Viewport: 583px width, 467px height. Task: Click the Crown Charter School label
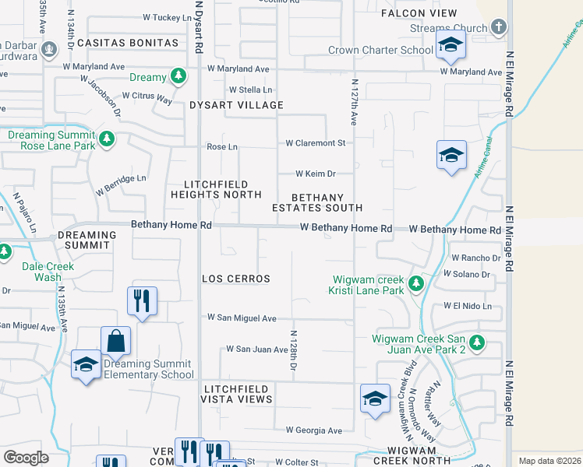pyautogui.click(x=380, y=51)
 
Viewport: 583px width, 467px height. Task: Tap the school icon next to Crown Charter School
pyautogui.click(x=450, y=45)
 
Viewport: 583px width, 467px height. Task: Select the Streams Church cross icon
pyautogui.click(x=499, y=28)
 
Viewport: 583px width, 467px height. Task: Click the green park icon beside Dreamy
pyautogui.click(x=179, y=76)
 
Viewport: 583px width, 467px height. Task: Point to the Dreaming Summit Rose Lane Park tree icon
pyautogui.click(x=106, y=140)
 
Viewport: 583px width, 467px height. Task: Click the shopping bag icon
pyautogui.click(x=115, y=341)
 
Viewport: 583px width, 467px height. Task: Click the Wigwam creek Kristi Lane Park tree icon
pyautogui.click(x=416, y=283)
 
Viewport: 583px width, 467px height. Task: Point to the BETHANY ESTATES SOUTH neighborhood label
pyautogui.click(x=317, y=202)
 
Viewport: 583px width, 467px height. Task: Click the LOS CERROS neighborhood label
pyautogui.click(x=236, y=279)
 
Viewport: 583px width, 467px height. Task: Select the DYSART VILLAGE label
pyautogui.click(x=236, y=105)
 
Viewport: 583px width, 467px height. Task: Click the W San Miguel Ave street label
pyautogui.click(x=242, y=318)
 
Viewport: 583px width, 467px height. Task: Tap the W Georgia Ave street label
pyautogui.click(x=313, y=430)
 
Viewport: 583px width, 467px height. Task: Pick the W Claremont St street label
pyautogui.click(x=315, y=143)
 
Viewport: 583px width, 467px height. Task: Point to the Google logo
pyautogui.click(x=26, y=458)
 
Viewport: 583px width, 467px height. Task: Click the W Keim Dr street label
pyautogui.click(x=315, y=174)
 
